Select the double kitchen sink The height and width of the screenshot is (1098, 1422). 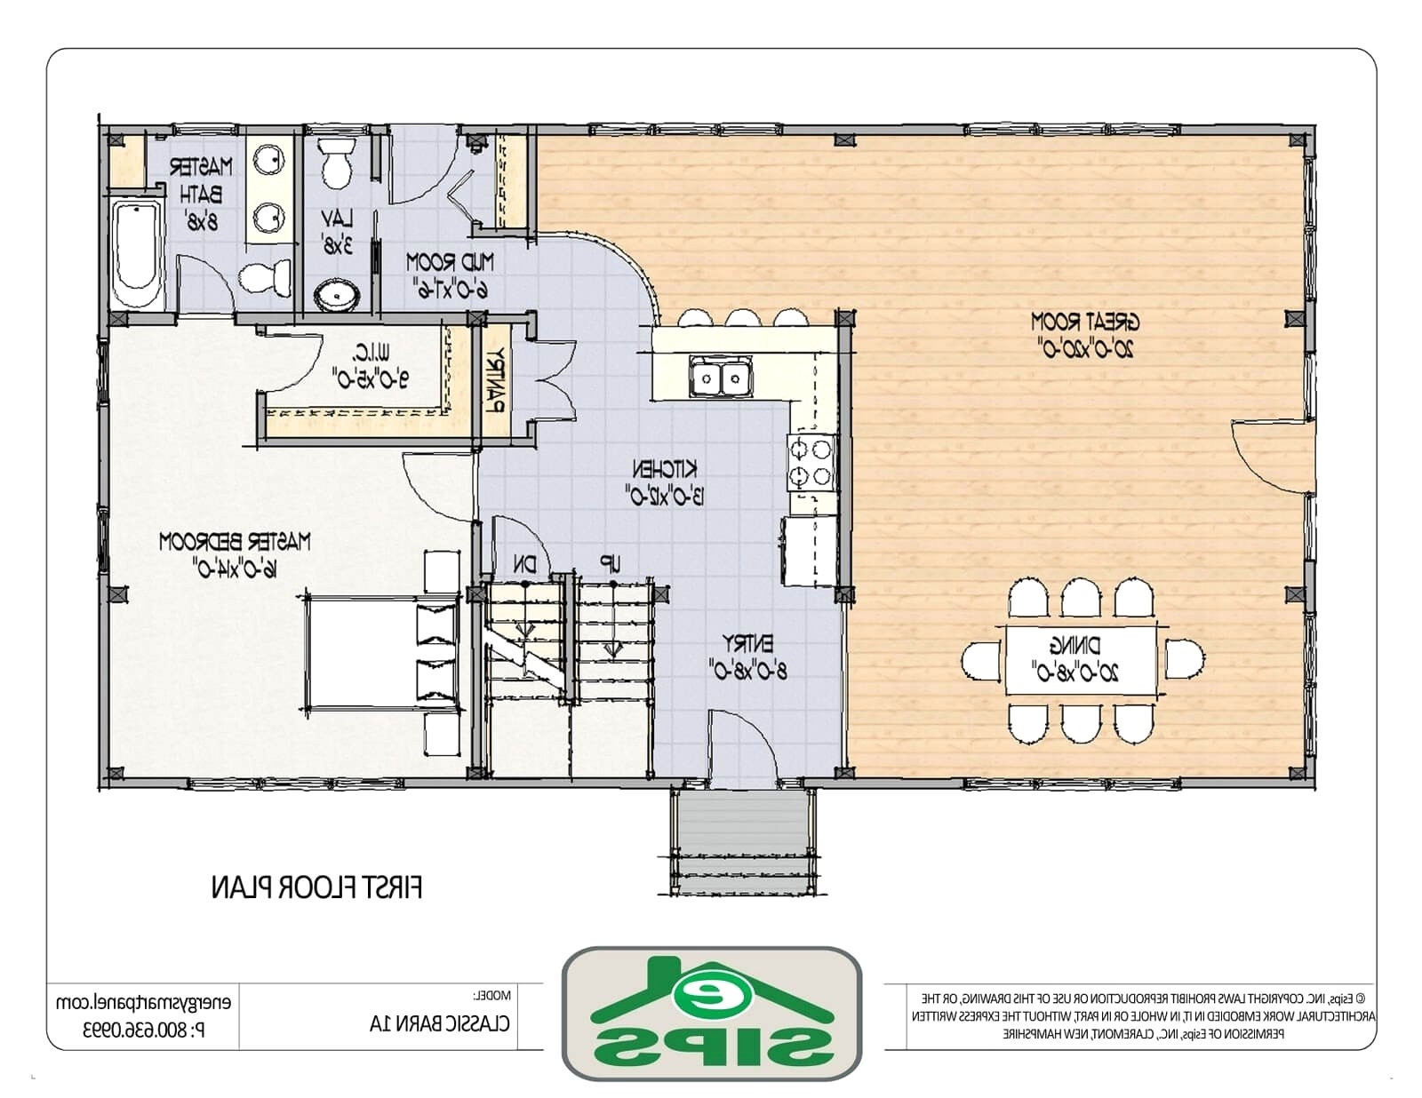pyautogui.click(x=720, y=378)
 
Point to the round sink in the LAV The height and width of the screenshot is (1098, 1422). pyautogui.click(x=337, y=294)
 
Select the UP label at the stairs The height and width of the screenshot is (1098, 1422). pyautogui.click(x=610, y=563)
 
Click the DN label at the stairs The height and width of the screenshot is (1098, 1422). pyautogui.click(x=523, y=563)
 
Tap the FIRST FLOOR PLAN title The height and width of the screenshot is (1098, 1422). pyautogui.click(x=316, y=887)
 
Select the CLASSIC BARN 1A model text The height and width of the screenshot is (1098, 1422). pyautogui.click(x=440, y=1023)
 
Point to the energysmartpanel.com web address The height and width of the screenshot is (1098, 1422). pyautogui.click(x=142, y=1002)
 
